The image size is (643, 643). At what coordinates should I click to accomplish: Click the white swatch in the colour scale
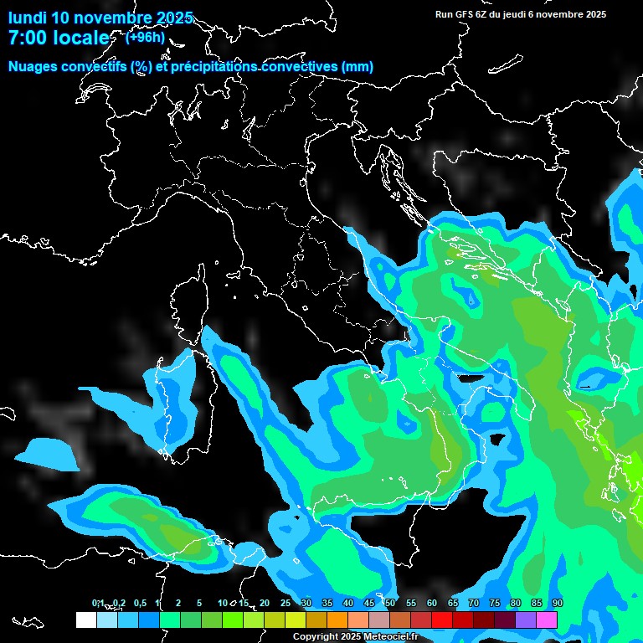[x=85, y=620]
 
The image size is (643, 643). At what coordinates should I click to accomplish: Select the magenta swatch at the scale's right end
[x=547, y=620]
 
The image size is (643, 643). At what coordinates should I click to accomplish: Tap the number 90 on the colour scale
[x=558, y=603]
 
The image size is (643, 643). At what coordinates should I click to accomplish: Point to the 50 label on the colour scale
[x=390, y=603]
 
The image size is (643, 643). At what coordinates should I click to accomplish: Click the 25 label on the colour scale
[x=285, y=603]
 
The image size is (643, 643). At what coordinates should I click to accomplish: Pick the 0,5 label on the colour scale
[x=141, y=603]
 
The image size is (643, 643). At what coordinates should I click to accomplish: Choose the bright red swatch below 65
[x=442, y=620]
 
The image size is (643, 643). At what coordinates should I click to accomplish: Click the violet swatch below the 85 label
[x=526, y=620]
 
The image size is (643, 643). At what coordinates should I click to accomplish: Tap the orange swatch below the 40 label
[x=337, y=620]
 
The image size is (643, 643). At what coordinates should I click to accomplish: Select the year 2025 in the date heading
[x=175, y=18]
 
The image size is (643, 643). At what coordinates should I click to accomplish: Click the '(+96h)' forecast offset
[x=145, y=37]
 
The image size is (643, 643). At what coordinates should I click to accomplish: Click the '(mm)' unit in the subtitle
[x=357, y=67]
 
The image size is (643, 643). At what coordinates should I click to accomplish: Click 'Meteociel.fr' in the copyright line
[x=397, y=637]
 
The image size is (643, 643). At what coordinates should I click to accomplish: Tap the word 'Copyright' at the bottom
[x=315, y=637]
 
